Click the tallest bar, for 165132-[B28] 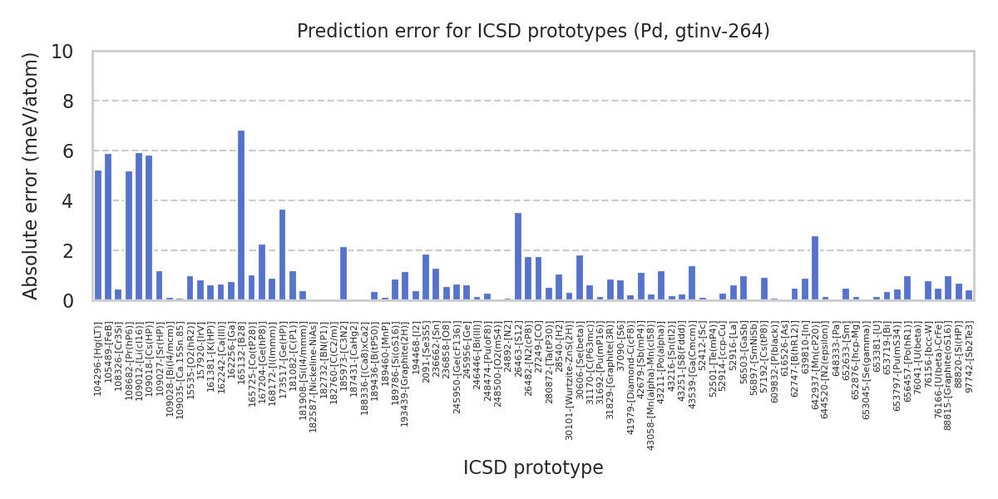coord(241,215)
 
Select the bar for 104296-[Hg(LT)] coord(98,235)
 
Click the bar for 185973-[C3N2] coord(343,273)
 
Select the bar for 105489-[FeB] coord(108,227)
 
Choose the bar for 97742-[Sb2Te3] coord(969,295)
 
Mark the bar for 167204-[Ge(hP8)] coord(262,272)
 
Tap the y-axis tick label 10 coord(62,52)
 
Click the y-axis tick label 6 coord(67,151)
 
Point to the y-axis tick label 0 coord(67,301)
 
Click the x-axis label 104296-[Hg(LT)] coord(98,358)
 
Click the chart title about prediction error coord(533,32)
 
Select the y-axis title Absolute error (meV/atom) coord(32,175)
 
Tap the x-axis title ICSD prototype coord(533,468)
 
